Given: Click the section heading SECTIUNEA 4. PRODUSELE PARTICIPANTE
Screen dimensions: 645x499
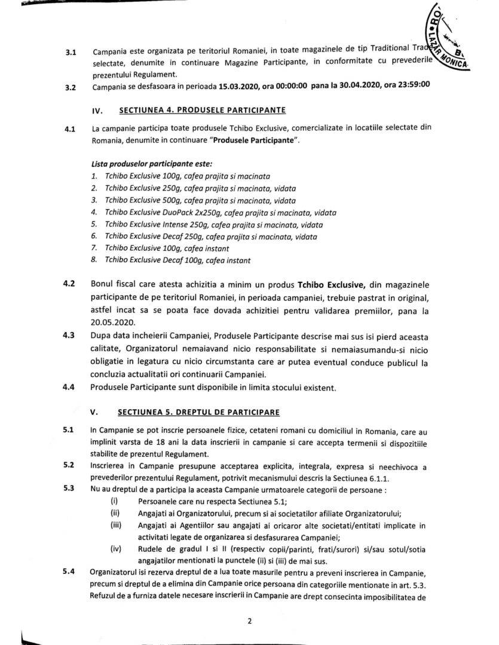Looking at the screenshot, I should click(x=203, y=110).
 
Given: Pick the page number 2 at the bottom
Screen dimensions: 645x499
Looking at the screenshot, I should click(x=249, y=621).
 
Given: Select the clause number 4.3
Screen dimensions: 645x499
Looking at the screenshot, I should click(x=69, y=334).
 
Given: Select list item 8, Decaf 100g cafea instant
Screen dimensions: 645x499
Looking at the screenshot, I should click(x=171, y=260).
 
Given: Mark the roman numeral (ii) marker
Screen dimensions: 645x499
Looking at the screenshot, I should click(x=115, y=513).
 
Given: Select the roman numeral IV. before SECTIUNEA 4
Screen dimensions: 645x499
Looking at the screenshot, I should click(x=97, y=110).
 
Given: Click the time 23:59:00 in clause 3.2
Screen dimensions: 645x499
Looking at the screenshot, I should click(x=408, y=87).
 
